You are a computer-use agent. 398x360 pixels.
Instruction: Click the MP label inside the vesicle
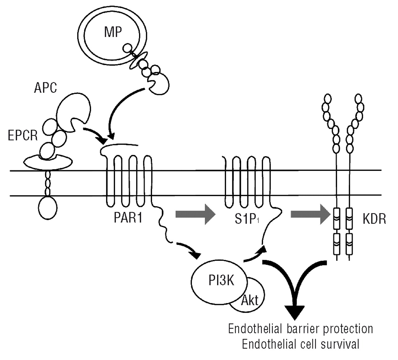pos(113,32)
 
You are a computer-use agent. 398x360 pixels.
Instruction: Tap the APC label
pos(45,88)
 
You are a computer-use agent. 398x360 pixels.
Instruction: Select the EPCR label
pos(23,136)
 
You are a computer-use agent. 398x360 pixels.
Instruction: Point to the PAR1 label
pos(128,218)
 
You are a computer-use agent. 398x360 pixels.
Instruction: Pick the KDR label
pos(374,219)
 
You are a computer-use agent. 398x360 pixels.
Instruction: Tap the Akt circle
pos(250,301)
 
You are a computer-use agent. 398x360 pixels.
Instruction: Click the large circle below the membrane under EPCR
pos(48,207)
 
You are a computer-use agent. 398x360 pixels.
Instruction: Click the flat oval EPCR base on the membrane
pos(48,162)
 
